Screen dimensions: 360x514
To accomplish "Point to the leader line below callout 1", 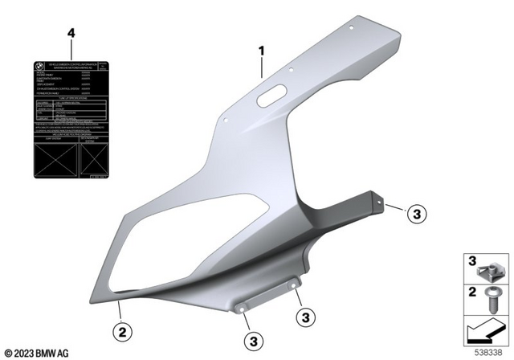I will click(262, 67).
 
